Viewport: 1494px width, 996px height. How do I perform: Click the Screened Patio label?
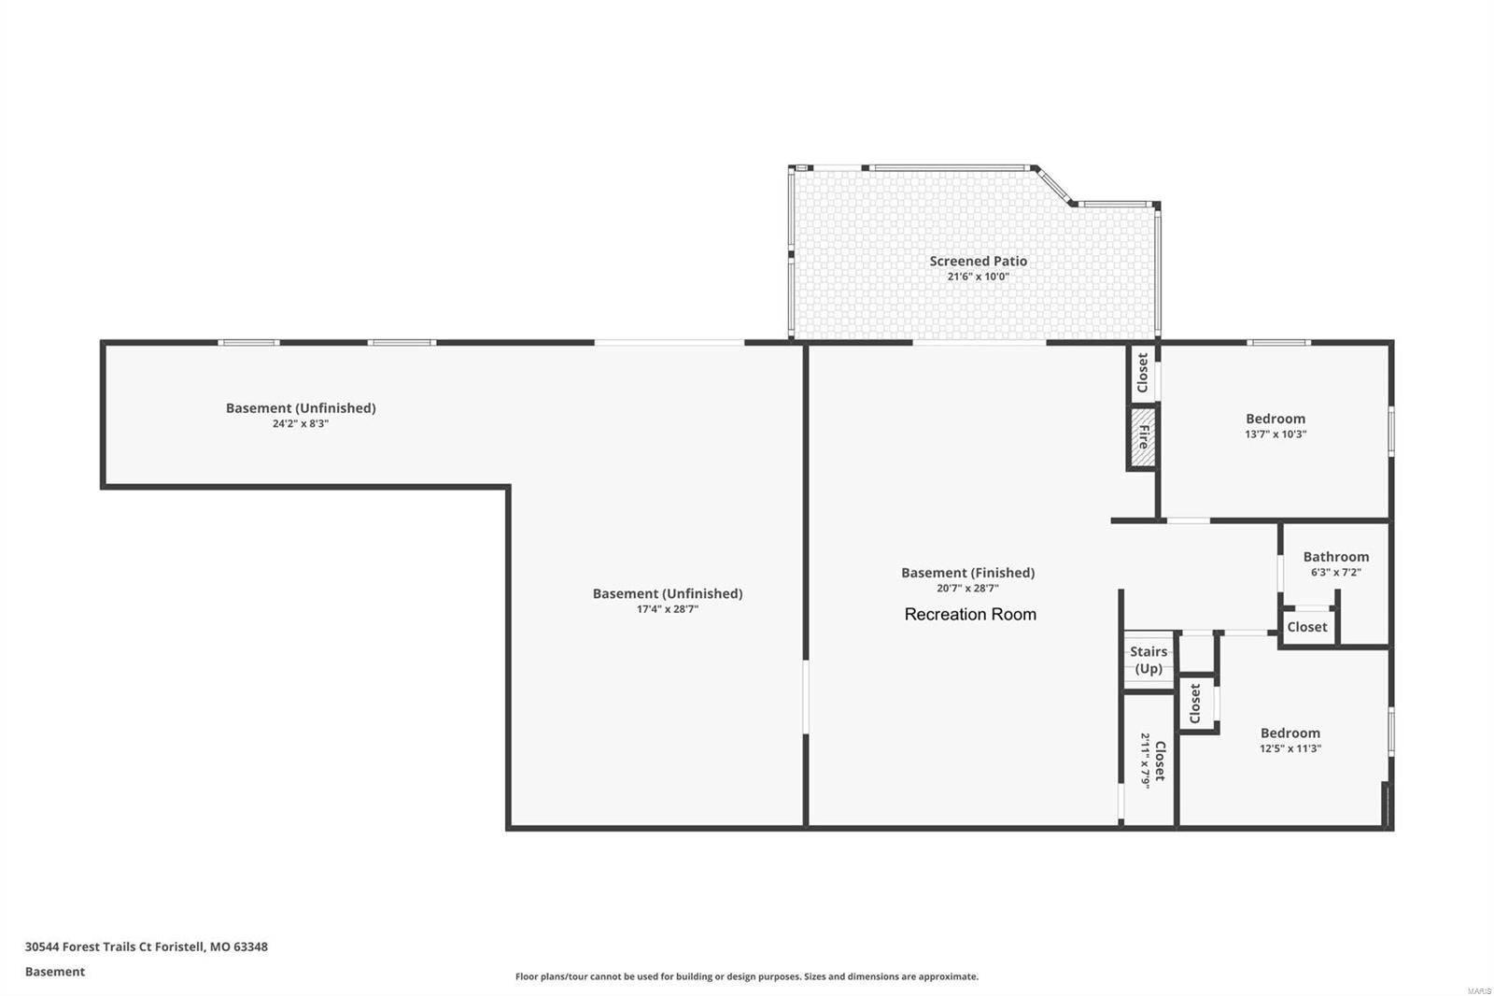pyautogui.click(x=978, y=262)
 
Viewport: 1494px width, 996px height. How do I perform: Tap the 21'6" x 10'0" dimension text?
pyautogui.click(x=978, y=277)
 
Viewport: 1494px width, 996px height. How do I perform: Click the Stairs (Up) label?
pyautogui.click(x=1149, y=660)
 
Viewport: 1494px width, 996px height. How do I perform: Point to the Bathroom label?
pyautogui.click(x=1335, y=557)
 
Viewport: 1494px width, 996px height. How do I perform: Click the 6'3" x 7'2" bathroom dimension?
pyautogui.click(x=1335, y=573)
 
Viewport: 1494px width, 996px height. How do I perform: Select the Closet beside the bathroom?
pyautogui.click(x=1306, y=627)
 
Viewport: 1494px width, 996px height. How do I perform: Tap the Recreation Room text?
pyautogui.click(x=970, y=615)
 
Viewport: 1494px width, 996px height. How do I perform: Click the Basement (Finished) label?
pyautogui.click(x=967, y=573)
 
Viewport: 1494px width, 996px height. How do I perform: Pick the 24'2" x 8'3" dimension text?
pyautogui.click(x=300, y=423)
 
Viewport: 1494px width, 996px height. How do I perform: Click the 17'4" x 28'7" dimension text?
pyautogui.click(x=667, y=609)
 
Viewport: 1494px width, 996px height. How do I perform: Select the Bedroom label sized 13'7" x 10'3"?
pyautogui.click(x=1275, y=419)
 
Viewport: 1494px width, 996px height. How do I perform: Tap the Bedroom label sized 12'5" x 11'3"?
pyautogui.click(x=1290, y=733)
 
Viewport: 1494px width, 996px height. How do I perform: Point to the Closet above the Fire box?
pyautogui.click(x=1143, y=373)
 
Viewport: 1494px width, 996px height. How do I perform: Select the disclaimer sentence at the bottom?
pyautogui.click(x=746, y=976)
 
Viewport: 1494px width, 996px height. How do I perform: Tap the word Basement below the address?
pyautogui.click(x=54, y=972)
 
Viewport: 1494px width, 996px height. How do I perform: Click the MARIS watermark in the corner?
pyautogui.click(x=1478, y=989)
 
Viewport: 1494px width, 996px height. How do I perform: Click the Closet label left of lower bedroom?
pyautogui.click(x=1195, y=704)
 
